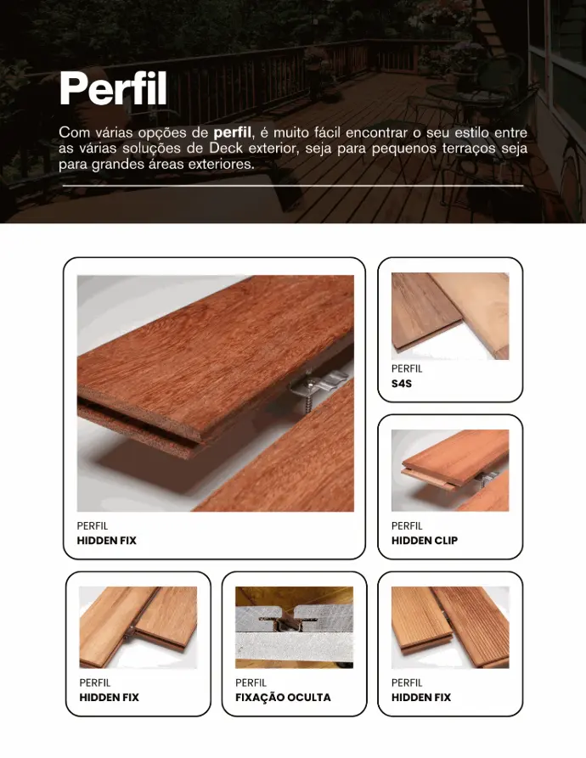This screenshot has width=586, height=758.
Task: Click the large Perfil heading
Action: (113, 88)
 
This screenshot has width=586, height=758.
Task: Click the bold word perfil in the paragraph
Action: (232, 132)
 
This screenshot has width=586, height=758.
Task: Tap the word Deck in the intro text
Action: (226, 148)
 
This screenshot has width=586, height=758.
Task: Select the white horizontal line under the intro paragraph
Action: (293, 185)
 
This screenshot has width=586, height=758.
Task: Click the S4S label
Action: (402, 384)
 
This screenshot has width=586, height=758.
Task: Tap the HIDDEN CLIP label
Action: (425, 541)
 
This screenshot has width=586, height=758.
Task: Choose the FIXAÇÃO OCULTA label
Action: (283, 698)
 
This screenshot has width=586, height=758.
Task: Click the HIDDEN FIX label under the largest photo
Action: (106, 541)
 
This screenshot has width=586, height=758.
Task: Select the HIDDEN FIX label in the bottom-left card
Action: (109, 698)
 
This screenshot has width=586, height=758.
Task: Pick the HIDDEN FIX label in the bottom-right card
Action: (420, 698)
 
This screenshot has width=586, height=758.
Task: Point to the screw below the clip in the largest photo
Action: (307, 402)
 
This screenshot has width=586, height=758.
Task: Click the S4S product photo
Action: (450, 316)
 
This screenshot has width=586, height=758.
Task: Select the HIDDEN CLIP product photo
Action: (450, 470)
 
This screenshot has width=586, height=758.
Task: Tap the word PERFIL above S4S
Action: (407, 369)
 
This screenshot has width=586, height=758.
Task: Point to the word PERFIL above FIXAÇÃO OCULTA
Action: (251, 683)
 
